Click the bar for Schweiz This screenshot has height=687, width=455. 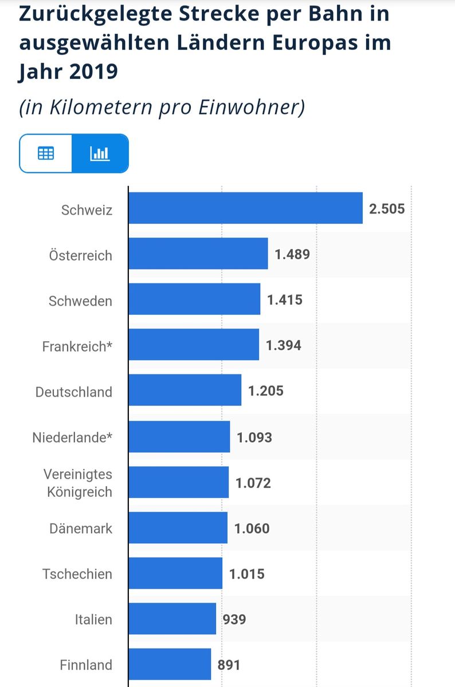pos(245,208)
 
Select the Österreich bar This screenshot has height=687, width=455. pos(198,254)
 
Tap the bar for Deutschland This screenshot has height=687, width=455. pos(185,390)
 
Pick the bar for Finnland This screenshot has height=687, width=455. pos(170,664)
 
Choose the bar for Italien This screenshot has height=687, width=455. pos(172,618)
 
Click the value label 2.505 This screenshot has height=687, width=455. pos(387,208)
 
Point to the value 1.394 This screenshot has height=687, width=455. pos(283,345)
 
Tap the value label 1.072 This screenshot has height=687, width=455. pos(253,483)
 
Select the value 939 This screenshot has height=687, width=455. pos(234,619)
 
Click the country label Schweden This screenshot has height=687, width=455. pos(80,301)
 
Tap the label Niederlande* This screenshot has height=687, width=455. pos(72,438)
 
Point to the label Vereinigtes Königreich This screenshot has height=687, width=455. pos(78,483)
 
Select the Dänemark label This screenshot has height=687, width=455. pos(81,528)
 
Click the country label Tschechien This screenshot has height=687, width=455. pos(77,574)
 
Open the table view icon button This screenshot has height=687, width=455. pos(46,153)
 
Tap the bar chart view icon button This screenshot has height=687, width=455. pos(100,153)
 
